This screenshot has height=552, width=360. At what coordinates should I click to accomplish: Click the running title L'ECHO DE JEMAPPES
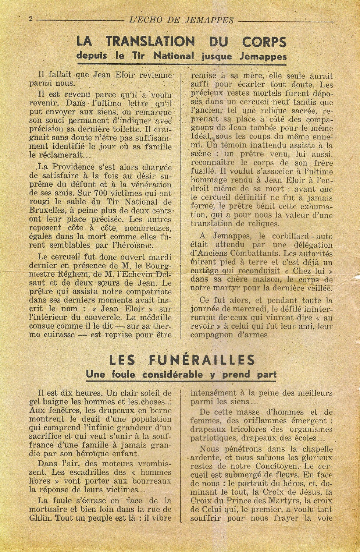pos(182,20)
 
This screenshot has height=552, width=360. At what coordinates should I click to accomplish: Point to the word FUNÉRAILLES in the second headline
pos(206,360)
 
